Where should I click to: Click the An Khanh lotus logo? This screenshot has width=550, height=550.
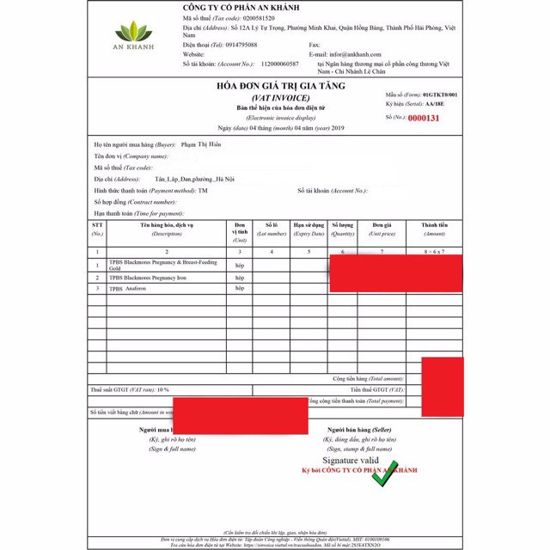(x=136, y=34)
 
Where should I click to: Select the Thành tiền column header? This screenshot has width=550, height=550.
(x=434, y=229)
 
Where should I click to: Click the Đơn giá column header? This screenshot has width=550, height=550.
(x=382, y=229)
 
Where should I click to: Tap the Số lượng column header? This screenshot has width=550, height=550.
(x=343, y=229)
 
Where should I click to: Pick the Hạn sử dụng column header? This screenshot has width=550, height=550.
(x=308, y=229)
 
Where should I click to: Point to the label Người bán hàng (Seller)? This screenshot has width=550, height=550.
(x=359, y=429)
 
